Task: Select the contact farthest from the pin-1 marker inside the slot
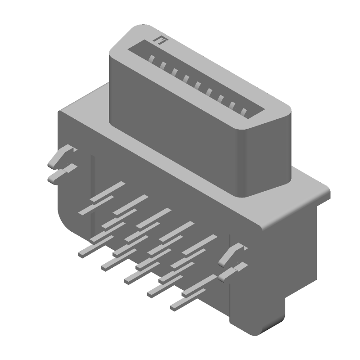[244, 112]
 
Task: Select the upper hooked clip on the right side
[232, 254]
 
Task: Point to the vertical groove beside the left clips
[92, 189]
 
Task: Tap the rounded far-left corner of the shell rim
[112, 54]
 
